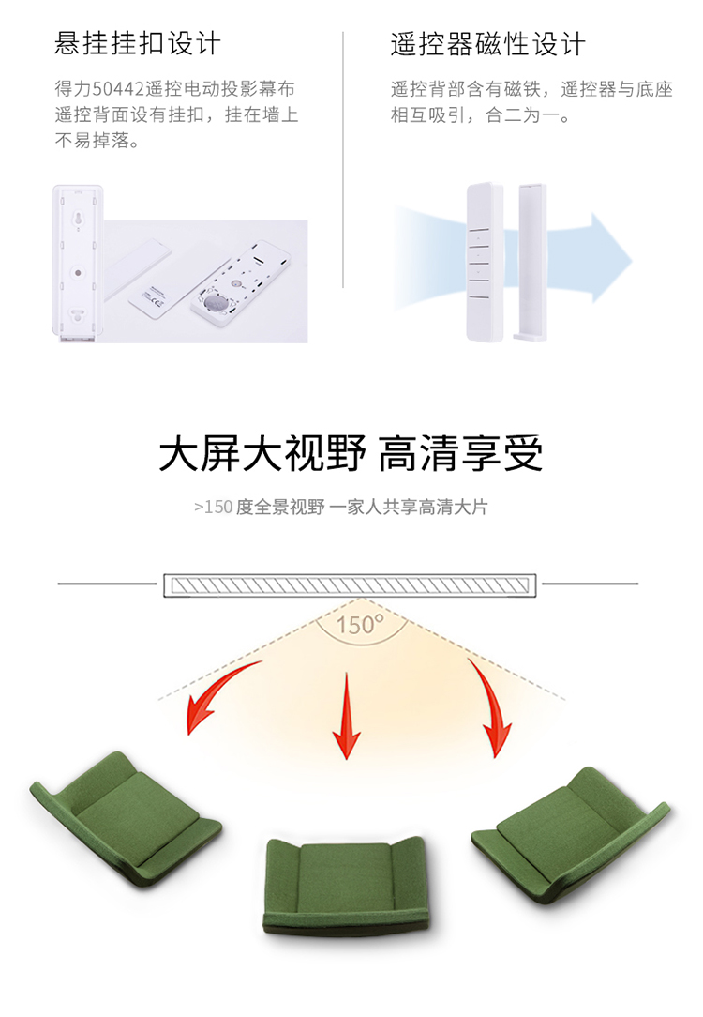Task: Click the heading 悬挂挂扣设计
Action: click(x=138, y=43)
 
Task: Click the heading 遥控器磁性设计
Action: click(x=487, y=43)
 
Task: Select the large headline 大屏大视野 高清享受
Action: click(x=351, y=453)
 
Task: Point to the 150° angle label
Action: click(x=360, y=625)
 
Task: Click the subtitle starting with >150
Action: click(x=341, y=507)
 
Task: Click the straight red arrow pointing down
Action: click(x=347, y=716)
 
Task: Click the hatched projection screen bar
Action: click(x=350, y=585)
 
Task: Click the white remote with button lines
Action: click(x=485, y=262)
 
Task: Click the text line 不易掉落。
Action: click(x=97, y=141)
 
